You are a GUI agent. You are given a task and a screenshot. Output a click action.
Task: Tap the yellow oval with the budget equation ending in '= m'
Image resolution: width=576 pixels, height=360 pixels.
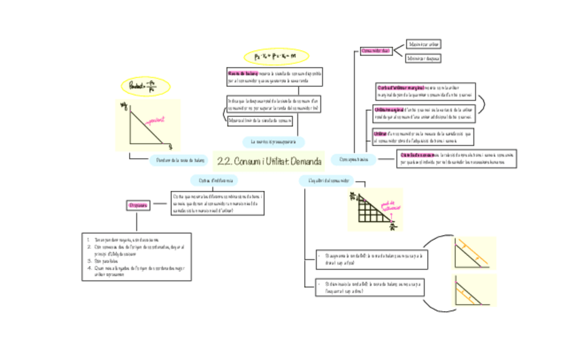pos(276,56)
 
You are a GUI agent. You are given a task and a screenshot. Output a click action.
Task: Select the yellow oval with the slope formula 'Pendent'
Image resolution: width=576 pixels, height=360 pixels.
pos(146,86)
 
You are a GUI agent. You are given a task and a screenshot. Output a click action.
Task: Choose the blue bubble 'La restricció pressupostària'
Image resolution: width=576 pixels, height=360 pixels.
pos(273,142)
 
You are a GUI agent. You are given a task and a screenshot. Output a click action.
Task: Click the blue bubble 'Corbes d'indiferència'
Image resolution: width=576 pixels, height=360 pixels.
pos(215,181)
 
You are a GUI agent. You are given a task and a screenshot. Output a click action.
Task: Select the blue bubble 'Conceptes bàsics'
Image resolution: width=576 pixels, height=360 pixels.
pos(353,160)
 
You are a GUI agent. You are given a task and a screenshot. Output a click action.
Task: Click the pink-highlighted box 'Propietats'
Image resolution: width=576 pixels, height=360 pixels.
pos(139,205)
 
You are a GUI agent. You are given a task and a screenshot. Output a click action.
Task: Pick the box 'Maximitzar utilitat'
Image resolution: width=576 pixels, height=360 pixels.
pos(423,44)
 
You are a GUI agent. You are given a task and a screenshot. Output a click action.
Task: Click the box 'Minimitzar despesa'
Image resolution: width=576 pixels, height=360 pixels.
pos(422,58)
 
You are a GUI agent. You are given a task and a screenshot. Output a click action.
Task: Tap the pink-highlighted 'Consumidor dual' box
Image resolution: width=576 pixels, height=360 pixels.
pos(375,51)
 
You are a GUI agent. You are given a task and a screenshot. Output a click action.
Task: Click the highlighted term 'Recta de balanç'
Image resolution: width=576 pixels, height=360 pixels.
pos(242,73)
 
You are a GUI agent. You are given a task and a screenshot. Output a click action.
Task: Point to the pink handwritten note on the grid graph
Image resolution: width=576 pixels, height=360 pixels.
pos(391,206)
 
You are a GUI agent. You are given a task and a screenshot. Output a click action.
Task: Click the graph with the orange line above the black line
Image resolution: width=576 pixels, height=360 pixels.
pos(474,253)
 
